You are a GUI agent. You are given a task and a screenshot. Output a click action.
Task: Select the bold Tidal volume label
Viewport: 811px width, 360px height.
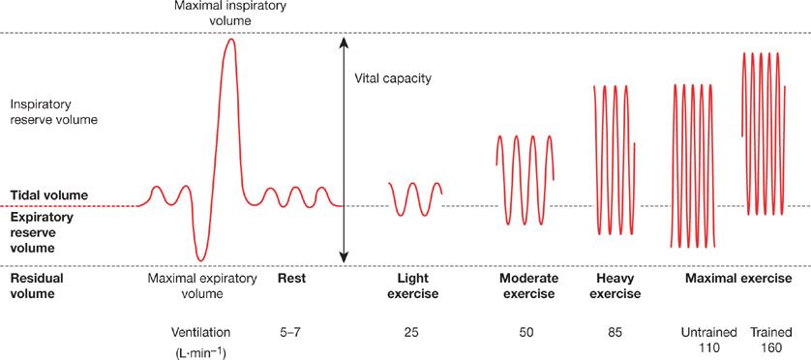(x=48, y=195)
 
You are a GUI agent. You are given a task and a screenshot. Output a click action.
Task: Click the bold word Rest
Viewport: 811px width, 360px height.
(x=292, y=279)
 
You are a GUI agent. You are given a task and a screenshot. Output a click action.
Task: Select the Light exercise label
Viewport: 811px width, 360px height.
(x=412, y=285)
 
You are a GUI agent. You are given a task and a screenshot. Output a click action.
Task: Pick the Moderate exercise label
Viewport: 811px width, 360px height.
(x=526, y=285)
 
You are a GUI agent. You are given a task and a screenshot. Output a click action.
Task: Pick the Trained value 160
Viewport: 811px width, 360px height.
(x=769, y=345)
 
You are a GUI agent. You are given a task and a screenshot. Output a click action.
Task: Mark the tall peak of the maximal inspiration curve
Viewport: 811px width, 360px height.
(x=230, y=41)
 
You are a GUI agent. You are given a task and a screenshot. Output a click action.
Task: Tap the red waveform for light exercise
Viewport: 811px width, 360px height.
(x=415, y=197)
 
